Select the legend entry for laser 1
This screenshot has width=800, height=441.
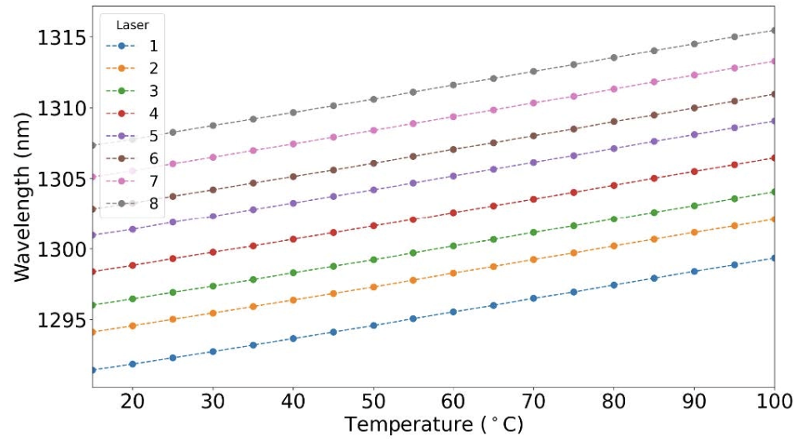pos(132,46)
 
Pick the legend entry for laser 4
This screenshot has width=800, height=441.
pos(132,113)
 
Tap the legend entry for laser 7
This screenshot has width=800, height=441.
pos(132,180)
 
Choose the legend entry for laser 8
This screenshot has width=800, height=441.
pos(132,203)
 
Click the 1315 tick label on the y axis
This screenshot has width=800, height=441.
pos(62,38)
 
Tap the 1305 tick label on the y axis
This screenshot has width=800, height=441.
pos(62,179)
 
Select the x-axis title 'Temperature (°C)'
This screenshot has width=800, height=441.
pos(434,424)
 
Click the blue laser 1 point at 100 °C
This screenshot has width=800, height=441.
pos(774,258)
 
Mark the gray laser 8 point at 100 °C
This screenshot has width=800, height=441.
pos(774,30)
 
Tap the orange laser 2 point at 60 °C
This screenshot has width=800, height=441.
pos(453,273)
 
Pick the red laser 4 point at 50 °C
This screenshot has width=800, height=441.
pos(373,225)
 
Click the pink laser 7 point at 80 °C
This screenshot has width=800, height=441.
pos(614,88)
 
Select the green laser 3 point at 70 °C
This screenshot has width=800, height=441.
pos(533,232)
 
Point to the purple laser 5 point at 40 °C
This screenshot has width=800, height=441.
pos(293,203)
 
